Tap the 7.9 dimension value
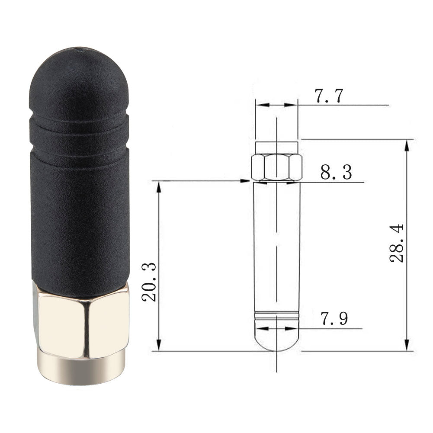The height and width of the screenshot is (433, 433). [334, 319]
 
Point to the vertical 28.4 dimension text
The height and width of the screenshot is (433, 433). [397, 243]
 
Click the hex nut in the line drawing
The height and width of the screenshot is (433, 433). [276, 167]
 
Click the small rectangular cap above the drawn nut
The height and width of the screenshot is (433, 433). [276, 147]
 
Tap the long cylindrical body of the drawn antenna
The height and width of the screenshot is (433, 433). [276, 247]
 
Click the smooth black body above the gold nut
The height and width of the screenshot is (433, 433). [80, 221]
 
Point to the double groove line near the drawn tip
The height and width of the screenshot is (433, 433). [276, 315]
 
